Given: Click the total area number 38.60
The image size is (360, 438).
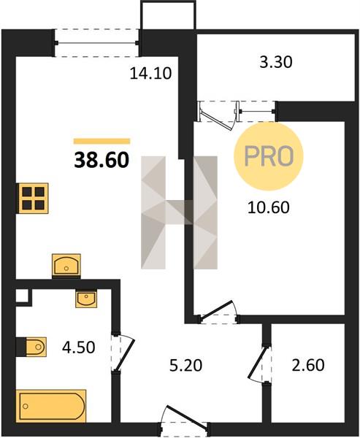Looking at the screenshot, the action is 102,161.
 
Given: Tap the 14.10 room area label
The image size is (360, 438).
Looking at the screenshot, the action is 150,74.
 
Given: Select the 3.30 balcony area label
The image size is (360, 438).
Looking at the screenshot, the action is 276,62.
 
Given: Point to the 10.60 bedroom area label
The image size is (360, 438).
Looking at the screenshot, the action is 268,207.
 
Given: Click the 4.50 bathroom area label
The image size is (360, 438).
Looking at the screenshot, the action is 79,347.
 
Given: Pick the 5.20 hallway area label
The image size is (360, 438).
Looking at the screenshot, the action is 186,366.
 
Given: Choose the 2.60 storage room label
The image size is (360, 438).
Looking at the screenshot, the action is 308,365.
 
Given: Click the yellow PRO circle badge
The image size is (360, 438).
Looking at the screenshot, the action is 269,156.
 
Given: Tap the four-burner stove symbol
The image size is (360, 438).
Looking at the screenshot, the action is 34,199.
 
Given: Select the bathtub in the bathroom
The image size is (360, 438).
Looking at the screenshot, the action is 53,406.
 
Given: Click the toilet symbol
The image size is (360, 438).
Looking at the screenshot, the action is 36,347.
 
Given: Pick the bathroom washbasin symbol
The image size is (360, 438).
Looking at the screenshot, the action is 86,299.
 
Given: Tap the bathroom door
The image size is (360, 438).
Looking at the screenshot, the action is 123,352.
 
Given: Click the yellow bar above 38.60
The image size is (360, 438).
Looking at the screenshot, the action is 102,141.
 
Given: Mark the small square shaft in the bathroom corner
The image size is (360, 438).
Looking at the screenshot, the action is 22,295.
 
